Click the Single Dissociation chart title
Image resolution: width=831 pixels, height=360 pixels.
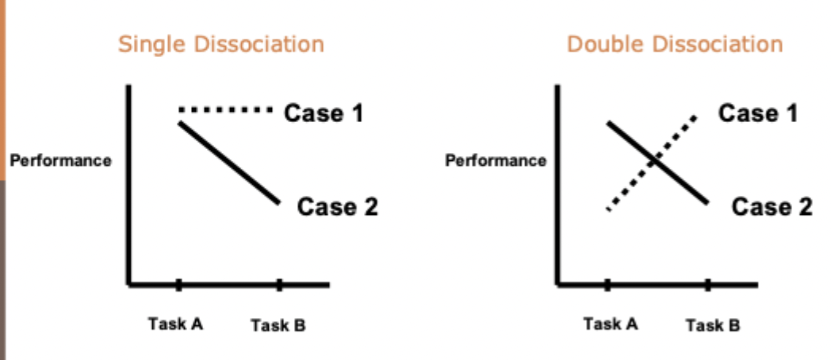(x=221, y=44)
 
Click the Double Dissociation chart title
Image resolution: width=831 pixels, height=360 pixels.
(x=675, y=44)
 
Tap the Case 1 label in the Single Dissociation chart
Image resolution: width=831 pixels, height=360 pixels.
(x=324, y=113)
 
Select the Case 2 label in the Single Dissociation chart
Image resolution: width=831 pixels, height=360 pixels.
(x=337, y=208)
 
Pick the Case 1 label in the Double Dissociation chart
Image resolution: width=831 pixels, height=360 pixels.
(x=758, y=113)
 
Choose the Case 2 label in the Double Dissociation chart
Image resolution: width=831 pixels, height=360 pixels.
(x=772, y=208)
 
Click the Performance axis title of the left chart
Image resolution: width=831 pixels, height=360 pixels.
(x=60, y=161)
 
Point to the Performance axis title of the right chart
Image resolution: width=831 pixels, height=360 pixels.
(x=496, y=161)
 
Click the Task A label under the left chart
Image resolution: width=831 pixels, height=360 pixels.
(x=176, y=324)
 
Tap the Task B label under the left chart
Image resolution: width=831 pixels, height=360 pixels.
(x=278, y=325)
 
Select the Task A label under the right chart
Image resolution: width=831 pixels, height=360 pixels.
(x=611, y=324)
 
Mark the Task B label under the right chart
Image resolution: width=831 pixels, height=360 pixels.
(x=713, y=325)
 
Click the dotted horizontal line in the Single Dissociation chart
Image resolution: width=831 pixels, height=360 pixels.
(x=226, y=109)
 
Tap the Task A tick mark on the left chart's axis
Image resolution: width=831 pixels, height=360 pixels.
(x=178, y=284)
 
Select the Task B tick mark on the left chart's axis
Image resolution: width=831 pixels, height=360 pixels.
(x=279, y=284)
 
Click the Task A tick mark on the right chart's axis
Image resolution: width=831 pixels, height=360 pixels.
(x=607, y=284)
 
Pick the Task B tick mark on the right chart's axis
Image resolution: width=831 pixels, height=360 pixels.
(x=708, y=284)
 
